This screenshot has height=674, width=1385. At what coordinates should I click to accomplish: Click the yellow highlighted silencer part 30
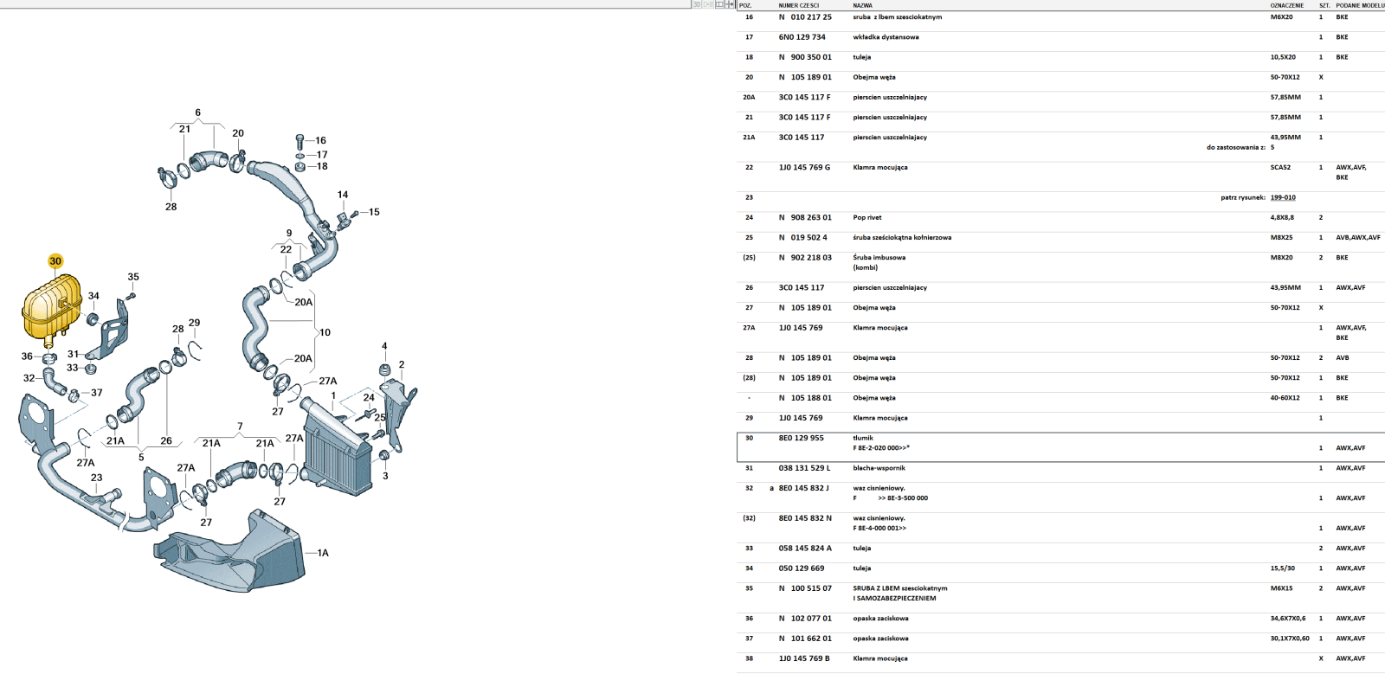coord(51,305)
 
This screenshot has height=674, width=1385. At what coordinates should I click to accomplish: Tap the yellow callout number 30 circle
coord(55,261)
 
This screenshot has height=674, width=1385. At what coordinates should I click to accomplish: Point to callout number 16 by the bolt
coord(320,141)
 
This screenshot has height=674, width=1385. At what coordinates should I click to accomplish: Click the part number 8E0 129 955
coord(802,438)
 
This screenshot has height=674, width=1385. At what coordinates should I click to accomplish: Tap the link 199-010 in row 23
coord(1283,197)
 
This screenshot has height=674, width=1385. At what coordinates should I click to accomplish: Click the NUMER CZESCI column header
coord(799,5)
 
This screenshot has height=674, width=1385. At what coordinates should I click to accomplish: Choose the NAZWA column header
coord(862,5)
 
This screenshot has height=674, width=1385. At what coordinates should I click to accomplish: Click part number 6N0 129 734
coord(802,37)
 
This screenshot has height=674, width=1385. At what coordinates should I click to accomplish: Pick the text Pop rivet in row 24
coord(867,217)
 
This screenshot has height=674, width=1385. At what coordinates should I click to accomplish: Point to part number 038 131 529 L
coord(804,468)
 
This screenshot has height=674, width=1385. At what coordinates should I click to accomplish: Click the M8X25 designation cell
coord(1282,238)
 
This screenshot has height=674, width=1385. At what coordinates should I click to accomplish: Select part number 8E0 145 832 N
coord(805,518)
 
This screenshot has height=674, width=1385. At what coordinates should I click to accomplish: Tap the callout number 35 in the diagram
coord(133,277)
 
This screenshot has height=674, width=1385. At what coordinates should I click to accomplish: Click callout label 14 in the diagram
coord(343,195)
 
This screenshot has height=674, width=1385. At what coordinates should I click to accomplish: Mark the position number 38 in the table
coord(750,658)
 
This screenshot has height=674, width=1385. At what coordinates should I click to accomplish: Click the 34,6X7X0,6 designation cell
coord(1289,619)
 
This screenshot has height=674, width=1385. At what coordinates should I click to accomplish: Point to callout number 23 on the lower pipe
coord(96,478)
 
